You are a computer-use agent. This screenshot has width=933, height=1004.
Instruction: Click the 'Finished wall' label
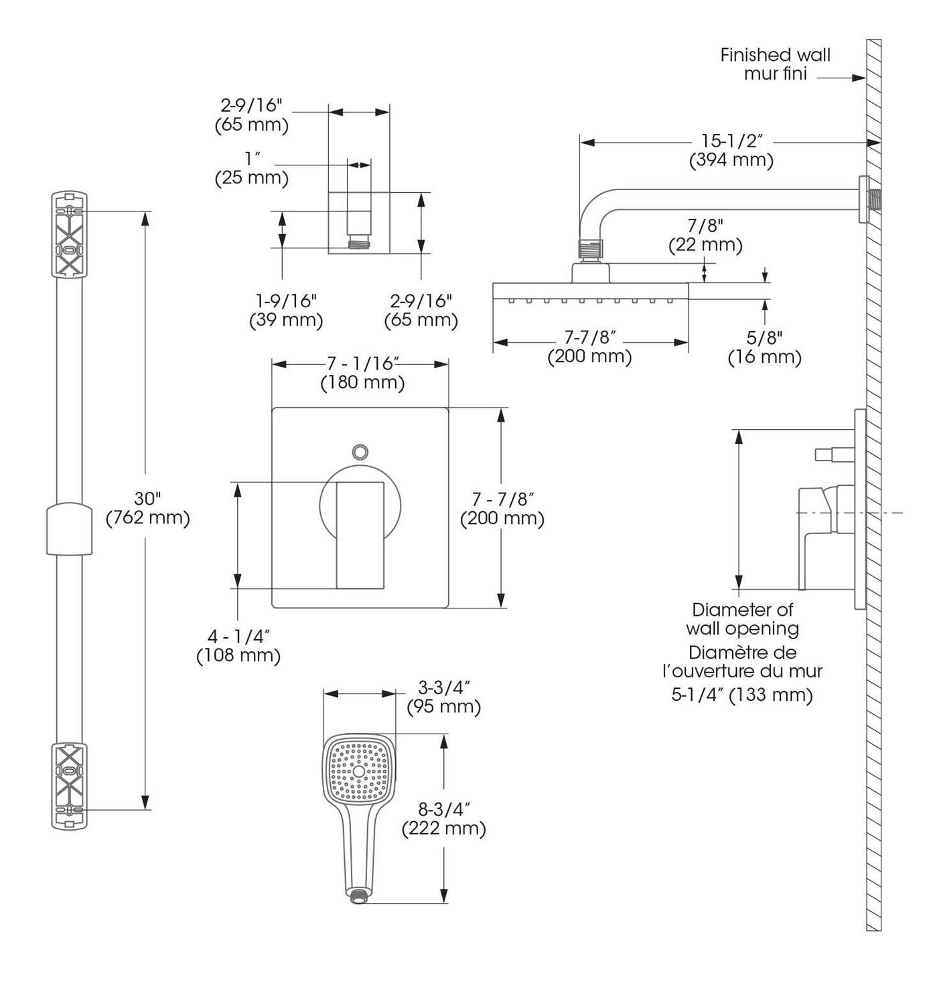tap(775, 55)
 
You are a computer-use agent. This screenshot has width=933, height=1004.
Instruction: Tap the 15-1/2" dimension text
tap(731, 141)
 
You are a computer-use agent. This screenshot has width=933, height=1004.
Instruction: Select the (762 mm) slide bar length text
tap(147, 517)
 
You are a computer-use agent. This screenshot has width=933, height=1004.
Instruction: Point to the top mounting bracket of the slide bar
tap(69, 234)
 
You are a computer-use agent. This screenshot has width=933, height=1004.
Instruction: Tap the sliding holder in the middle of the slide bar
tap(69, 529)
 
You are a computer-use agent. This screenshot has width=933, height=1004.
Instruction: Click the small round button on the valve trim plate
tap(360, 451)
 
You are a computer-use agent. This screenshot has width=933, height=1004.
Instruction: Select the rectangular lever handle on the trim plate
tap(360, 535)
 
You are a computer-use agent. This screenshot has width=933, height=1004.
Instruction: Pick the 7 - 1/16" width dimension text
tap(362, 363)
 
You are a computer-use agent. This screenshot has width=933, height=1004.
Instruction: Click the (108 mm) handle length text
tap(238, 656)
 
